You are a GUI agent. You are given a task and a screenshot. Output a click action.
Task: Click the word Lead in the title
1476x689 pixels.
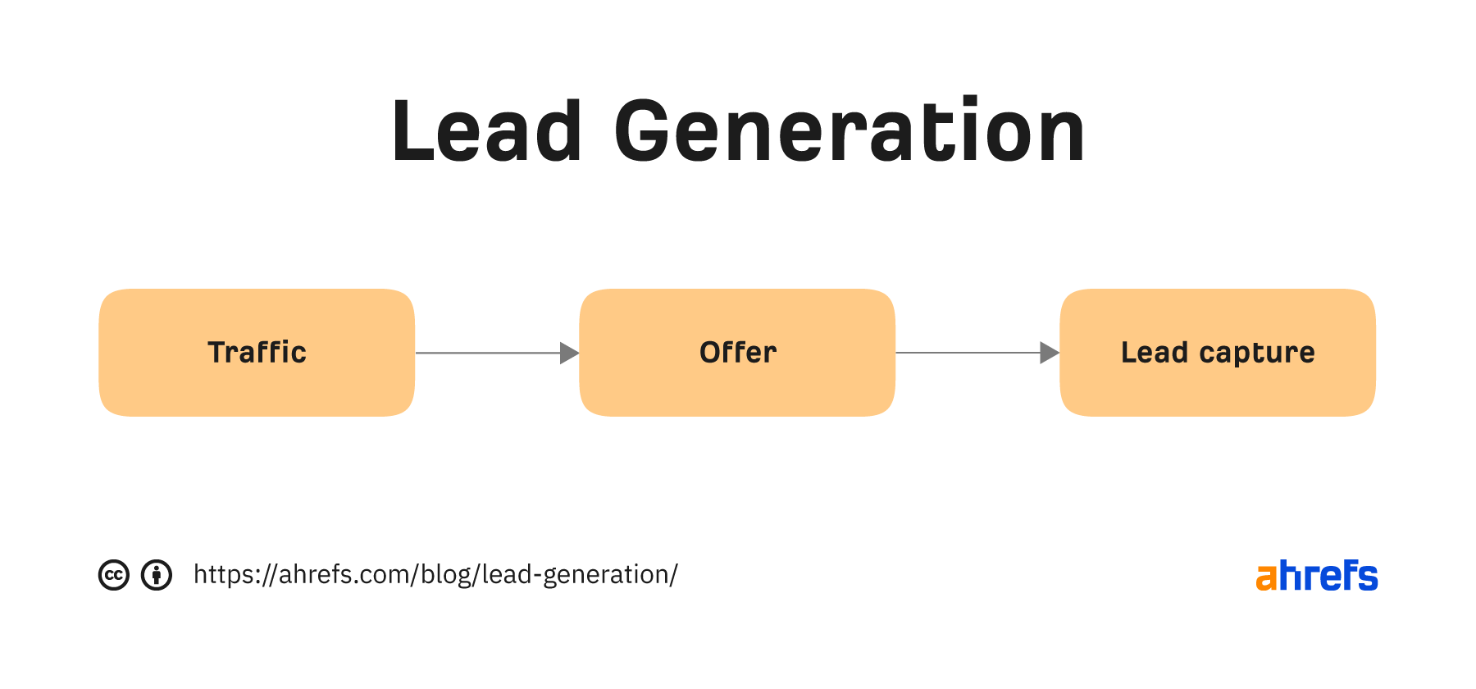tap(487, 130)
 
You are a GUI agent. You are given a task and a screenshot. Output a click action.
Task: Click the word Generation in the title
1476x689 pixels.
tap(850, 130)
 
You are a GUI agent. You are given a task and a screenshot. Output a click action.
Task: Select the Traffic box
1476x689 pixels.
tap(257, 353)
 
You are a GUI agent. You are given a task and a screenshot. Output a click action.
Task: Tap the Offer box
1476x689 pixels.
tap(737, 353)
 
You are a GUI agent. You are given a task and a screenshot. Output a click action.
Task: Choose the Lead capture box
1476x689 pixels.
tap(1218, 353)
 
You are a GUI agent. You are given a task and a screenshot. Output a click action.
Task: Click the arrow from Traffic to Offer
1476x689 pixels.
tap(497, 353)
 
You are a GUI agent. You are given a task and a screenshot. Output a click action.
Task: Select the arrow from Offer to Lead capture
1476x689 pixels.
tap(977, 353)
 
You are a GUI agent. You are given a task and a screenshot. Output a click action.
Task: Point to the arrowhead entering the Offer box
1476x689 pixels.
tap(570, 353)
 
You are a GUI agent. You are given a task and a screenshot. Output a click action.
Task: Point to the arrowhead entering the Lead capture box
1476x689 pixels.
tap(1050, 353)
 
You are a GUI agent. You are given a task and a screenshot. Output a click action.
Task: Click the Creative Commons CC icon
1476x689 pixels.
tap(114, 575)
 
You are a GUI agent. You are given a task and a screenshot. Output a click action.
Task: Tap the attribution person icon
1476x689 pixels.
tap(157, 575)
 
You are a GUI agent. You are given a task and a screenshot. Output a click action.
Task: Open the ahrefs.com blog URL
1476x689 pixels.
tap(435, 575)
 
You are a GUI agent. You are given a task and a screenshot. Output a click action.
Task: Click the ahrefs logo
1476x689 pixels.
tap(1317, 576)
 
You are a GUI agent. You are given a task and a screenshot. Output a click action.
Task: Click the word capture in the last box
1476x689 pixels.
tap(1257, 354)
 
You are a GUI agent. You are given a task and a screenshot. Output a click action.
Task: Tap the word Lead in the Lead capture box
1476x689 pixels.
tap(1155, 352)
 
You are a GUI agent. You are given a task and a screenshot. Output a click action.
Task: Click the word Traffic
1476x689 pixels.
tap(257, 352)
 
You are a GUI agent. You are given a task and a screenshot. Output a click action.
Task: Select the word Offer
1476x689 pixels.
tap(738, 352)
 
